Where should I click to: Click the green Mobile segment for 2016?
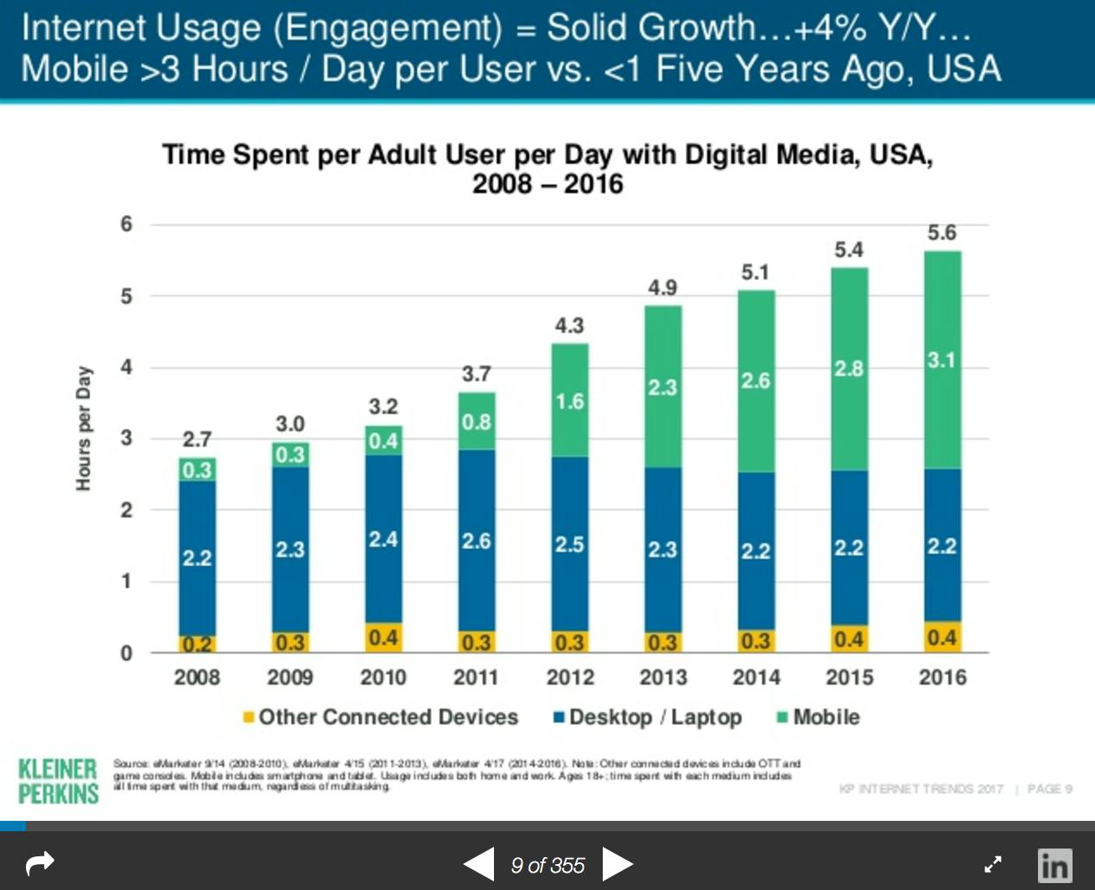(x=942, y=359)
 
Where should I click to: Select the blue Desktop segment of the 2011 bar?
(x=477, y=540)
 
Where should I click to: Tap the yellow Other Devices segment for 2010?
(x=383, y=638)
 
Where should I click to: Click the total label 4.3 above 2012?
(x=569, y=326)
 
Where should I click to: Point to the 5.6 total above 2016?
(x=941, y=232)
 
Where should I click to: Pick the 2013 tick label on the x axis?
(x=662, y=677)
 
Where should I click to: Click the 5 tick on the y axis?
(x=127, y=296)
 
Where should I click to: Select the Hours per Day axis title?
(x=84, y=429)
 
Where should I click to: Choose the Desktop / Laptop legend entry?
(x=647, y=717)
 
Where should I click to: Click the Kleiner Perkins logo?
(x=58, y=780)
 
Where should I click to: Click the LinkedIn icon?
(x=1054, y=864)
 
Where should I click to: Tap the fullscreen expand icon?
(x=993, y=864)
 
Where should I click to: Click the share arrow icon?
(x=41, y=862)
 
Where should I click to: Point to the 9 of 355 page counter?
(x=547, y=865)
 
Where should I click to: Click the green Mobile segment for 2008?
(x=197, y=469)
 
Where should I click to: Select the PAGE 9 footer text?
(x=1049, y=789)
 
